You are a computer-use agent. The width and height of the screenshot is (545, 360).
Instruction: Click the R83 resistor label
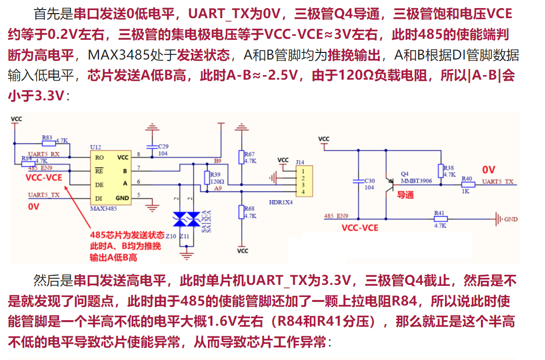click(47, 137)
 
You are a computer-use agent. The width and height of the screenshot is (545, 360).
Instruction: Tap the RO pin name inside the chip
click(100, 157)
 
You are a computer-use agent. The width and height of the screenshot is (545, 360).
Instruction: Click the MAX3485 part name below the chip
click(104, 208)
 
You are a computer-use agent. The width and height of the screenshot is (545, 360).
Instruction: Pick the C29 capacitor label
click(163, 146)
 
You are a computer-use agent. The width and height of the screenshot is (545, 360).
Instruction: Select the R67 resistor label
click(249, 154)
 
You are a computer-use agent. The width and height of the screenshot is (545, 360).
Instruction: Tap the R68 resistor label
click(249, 208)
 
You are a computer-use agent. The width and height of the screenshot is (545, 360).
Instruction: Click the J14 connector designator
click(300, 162)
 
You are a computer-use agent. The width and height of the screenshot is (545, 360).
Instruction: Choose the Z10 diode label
click(171, 235)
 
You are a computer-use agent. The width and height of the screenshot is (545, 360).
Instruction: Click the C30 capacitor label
click(369, 181)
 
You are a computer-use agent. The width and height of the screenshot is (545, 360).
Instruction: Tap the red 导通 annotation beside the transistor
click(405, 195)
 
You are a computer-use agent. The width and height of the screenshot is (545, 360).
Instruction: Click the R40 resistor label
click(467, 178)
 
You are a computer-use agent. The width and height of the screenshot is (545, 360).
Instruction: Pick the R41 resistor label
click(440, 213)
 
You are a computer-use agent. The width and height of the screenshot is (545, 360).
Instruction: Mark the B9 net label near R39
click(217, 161)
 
